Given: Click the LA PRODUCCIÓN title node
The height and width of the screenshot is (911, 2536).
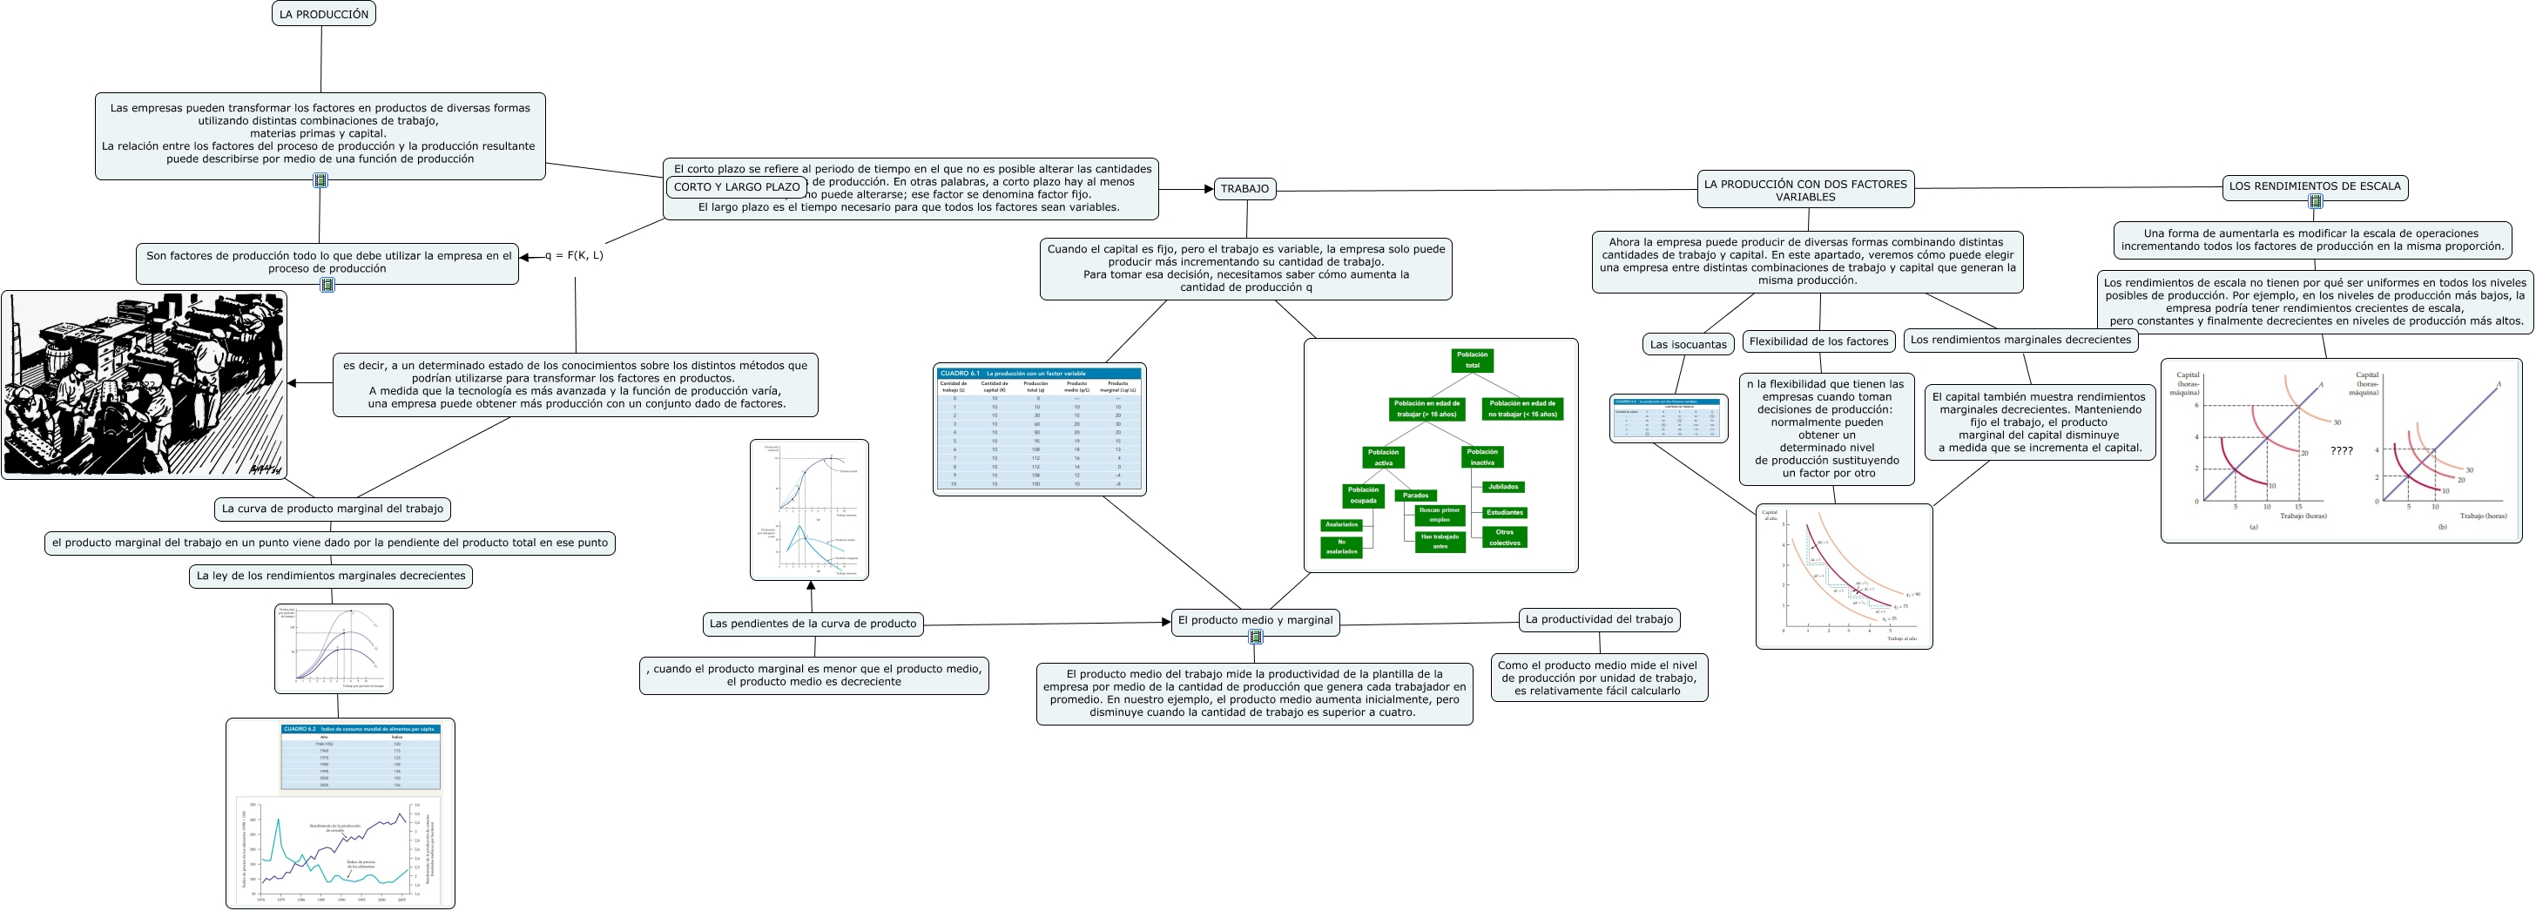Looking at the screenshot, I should coord(323,14).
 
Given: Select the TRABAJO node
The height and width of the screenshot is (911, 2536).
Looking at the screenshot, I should coord(1244,188).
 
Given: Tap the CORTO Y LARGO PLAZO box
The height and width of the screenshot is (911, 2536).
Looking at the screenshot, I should coord(737,186).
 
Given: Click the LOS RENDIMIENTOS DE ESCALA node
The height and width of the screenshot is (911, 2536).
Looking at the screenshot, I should coord(2315,186).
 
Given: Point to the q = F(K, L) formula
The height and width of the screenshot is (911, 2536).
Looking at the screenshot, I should coord(574,255).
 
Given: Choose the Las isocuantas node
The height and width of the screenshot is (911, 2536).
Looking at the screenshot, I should coord(1688,344).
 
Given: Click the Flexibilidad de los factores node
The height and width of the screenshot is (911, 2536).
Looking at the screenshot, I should coord(1818,341).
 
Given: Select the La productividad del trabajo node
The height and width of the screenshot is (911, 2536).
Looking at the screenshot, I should coord(1599,619).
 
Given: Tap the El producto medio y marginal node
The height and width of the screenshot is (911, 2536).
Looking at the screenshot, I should coord(1254,620).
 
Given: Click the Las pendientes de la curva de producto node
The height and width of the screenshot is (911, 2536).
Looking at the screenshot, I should coord(813,624).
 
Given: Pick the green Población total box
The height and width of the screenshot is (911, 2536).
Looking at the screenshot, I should coord(1472,360).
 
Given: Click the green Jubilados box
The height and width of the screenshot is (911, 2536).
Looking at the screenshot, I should coord(1503,487).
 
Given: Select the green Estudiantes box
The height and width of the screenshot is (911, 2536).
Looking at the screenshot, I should coord(1504,512).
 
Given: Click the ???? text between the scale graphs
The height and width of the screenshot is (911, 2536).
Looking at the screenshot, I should coord(2341,451).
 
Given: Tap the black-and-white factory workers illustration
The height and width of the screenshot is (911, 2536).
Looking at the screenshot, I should coord(144,384).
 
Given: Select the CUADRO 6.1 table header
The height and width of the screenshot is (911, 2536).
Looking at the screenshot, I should coord(1039,374).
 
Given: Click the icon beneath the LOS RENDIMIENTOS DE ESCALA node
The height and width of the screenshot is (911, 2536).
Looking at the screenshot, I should coord(2315,202).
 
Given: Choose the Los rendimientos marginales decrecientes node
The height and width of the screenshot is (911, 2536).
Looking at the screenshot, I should coord(2020,340).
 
